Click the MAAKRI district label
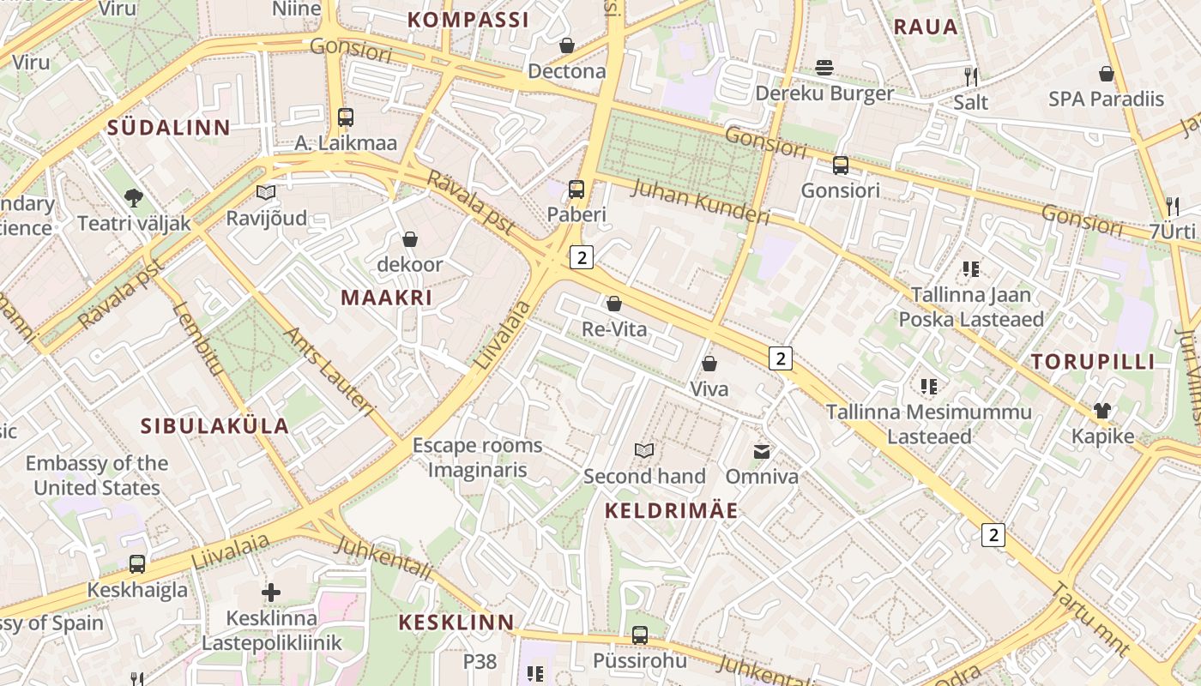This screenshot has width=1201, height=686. pos(386,298)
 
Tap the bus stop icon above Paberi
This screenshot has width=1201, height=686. pos(576,190)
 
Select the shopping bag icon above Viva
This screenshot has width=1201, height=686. pos(709,364)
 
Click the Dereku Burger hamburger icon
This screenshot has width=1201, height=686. pos(824,68)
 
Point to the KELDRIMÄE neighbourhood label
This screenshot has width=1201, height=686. pos(671,511)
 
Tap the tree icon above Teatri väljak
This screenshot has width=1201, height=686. pos(133,198)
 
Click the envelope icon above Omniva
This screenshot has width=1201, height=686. pos(762,451)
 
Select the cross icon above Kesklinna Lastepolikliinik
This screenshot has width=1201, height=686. pos(271,592)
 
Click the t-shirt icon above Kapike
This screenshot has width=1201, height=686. pos(1102,411)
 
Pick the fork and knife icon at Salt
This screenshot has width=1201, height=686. pos(970,76)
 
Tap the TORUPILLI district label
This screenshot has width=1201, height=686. pos(1093,361)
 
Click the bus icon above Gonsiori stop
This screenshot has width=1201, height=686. pos(841,165)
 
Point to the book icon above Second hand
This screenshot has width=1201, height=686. pos(644,450)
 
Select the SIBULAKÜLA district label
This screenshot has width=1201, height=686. pos(214,426)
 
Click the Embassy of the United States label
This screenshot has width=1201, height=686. pos(96,475)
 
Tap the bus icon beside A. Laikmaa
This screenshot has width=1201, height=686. pos(346,117)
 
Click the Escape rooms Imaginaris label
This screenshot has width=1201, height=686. pos(477,457)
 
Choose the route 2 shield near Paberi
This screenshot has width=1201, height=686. pos(582,256)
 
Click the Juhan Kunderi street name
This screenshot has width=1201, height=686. pos(700,201)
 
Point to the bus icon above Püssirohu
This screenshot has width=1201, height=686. pos(640,635)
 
